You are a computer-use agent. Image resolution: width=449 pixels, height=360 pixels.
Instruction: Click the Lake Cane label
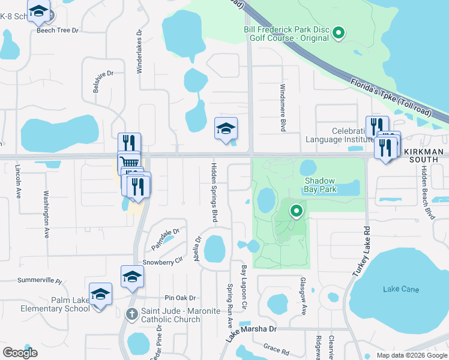coord(401,290)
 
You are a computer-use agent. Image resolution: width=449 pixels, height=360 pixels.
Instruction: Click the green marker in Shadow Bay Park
coord(296,211)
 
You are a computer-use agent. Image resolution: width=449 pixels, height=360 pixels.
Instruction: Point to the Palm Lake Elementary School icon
coord(101,294)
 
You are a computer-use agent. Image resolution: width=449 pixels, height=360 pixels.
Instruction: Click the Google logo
coord(20,352)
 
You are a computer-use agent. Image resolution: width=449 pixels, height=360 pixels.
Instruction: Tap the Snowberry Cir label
coord(162,262)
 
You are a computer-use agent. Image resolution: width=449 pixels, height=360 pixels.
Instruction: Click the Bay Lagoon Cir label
coord(244,288)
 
